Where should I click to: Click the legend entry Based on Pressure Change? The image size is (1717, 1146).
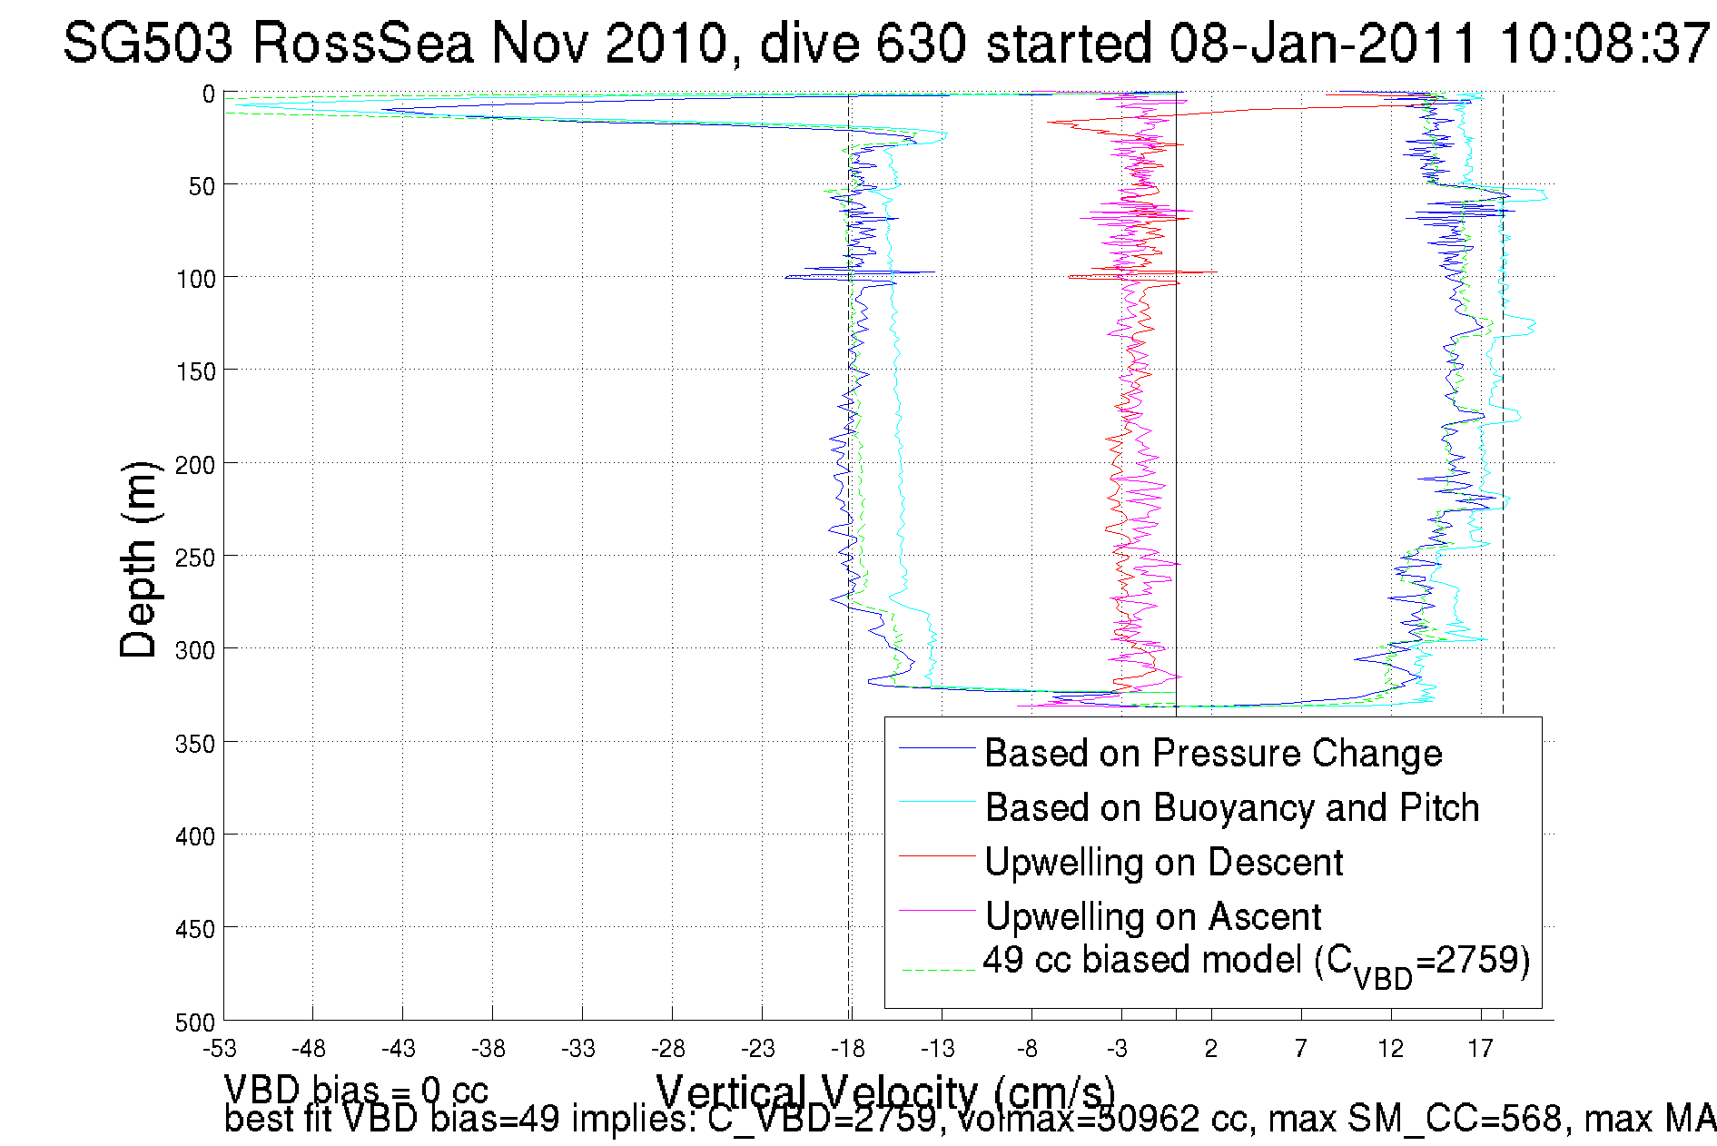[x=1213, y=754]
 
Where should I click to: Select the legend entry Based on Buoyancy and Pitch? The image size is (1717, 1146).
[x=1231, y=808]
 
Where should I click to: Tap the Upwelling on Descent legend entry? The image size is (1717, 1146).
[x=1163, y=863]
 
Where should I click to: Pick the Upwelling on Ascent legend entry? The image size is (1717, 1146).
[x=1152, y=917]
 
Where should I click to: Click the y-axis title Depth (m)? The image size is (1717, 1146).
[x=139, y=559]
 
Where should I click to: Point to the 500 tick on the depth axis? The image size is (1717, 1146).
[x=196, y=1023]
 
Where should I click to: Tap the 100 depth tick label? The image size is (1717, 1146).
[x=196, y=279]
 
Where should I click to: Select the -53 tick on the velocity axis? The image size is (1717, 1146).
[x=219, y=1049]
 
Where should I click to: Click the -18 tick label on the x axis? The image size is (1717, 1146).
[x=848, y=1049]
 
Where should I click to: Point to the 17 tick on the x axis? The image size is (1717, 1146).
[x=1480, y=1049]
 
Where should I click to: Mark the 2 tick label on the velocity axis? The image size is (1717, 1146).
[x=1210, y=1049]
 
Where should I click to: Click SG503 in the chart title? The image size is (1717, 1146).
[x=148, y=44]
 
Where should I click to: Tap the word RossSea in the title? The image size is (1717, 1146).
[x=363, y=44]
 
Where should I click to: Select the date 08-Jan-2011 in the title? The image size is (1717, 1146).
[x=1324, y=44]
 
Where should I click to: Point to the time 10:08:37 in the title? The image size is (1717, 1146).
[x=1604, y=44]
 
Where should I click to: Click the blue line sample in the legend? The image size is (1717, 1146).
[x=936, y=748]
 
